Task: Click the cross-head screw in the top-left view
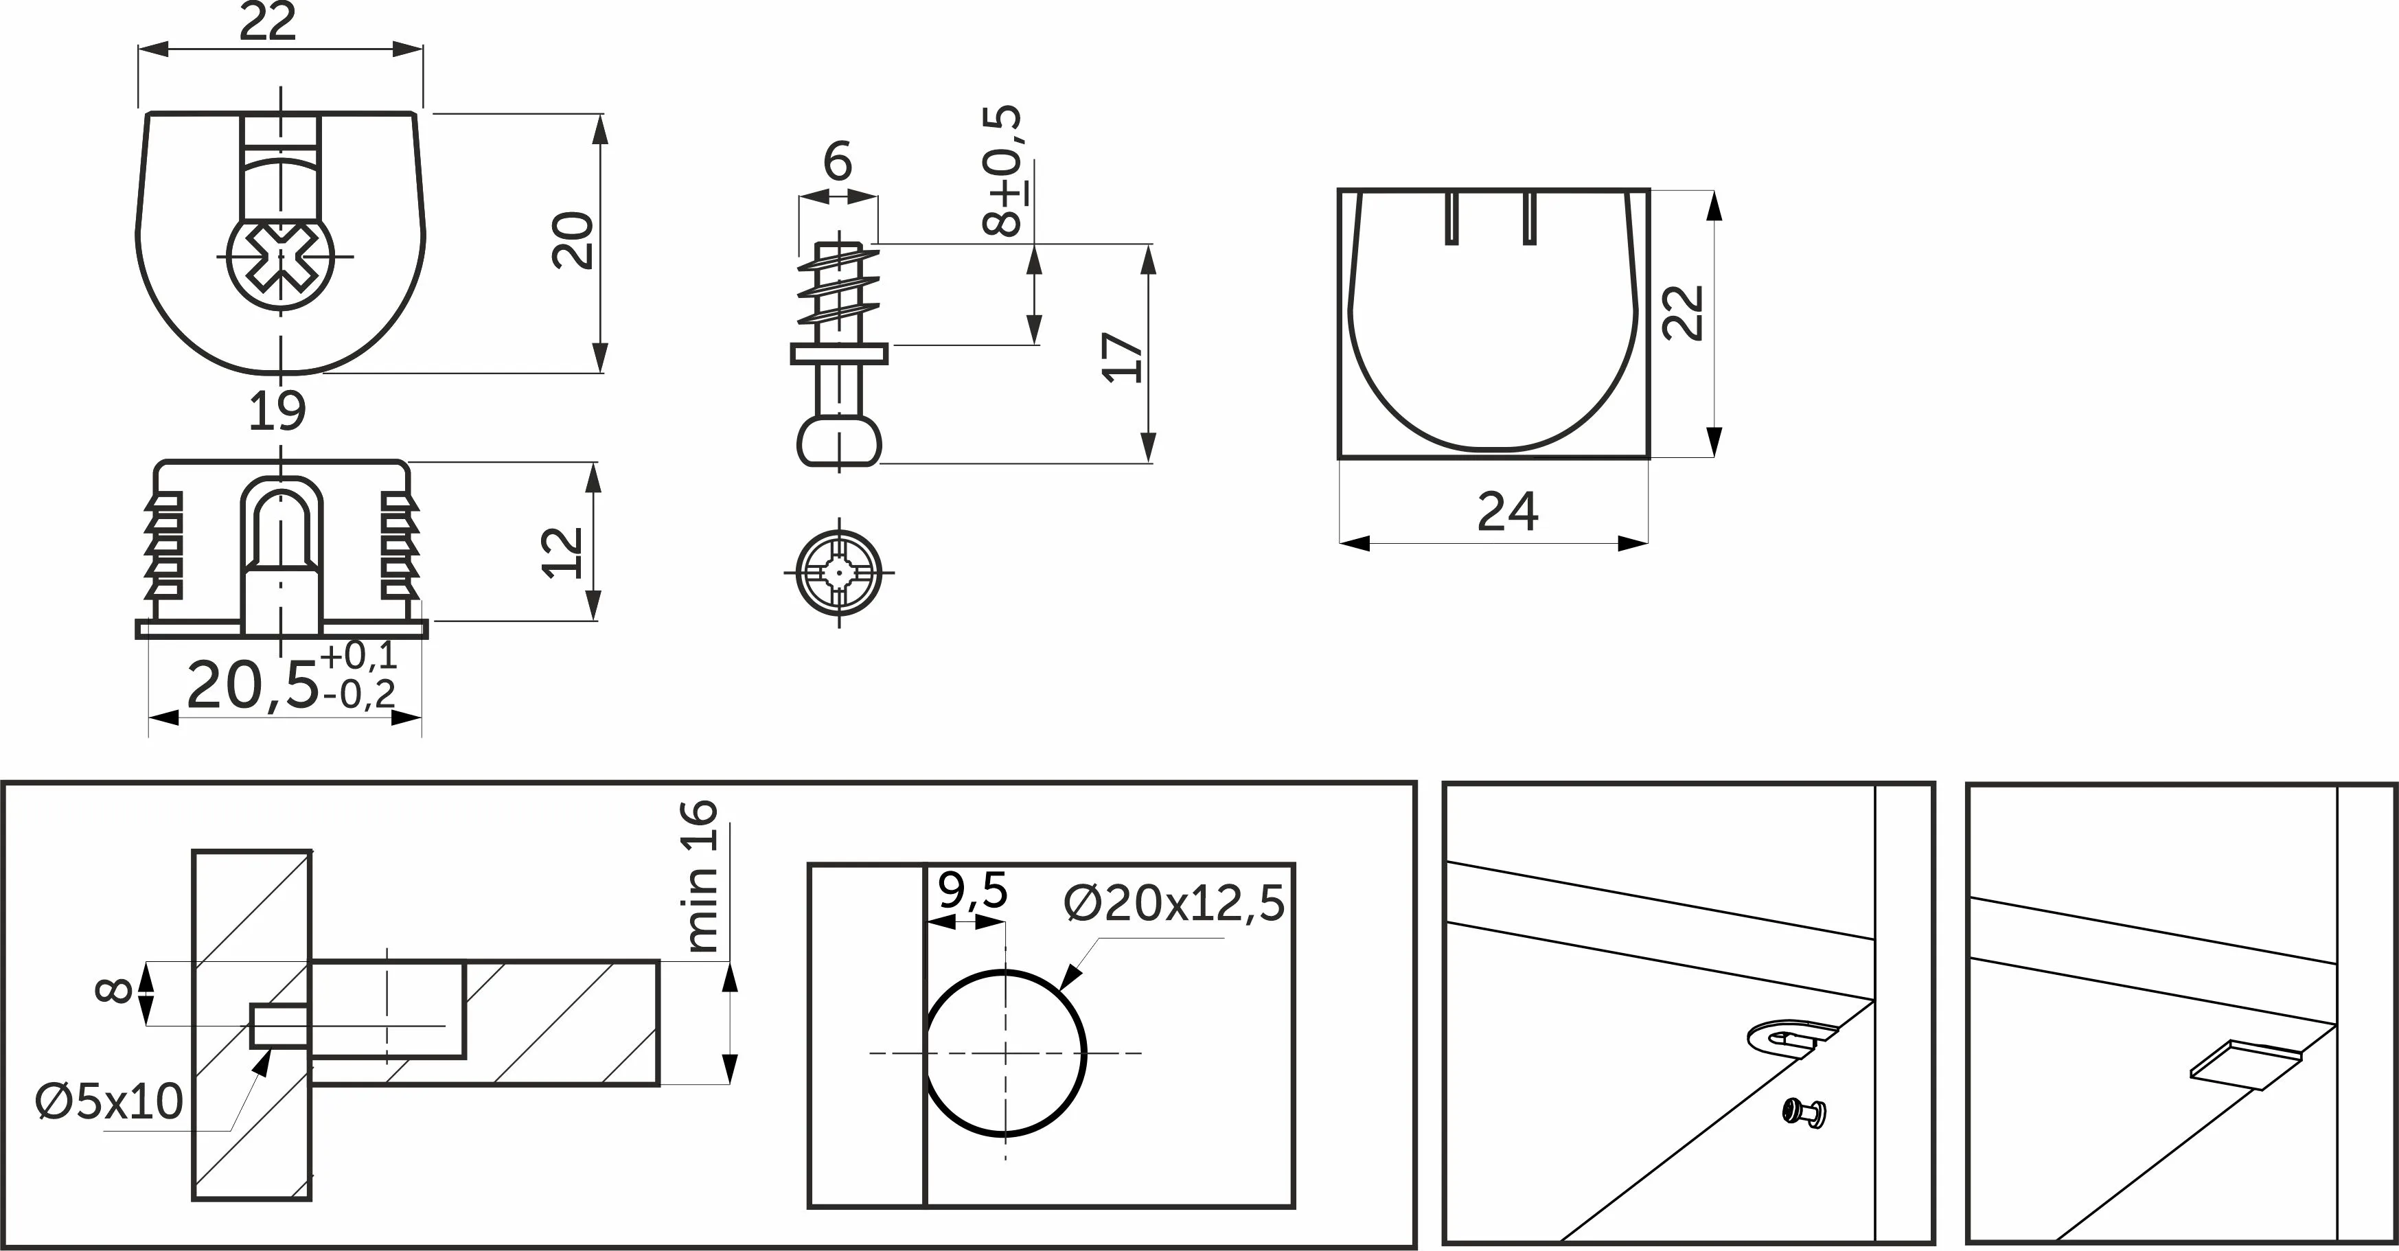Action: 280,257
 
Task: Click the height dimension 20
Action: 573,240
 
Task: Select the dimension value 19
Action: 277,411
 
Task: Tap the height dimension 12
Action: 562,553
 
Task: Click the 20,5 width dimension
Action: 253,687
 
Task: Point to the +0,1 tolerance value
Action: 358,656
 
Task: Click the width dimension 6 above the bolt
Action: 837,161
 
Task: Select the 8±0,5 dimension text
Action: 1002,172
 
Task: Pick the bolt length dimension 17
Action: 1122,357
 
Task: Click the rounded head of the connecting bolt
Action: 839,441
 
